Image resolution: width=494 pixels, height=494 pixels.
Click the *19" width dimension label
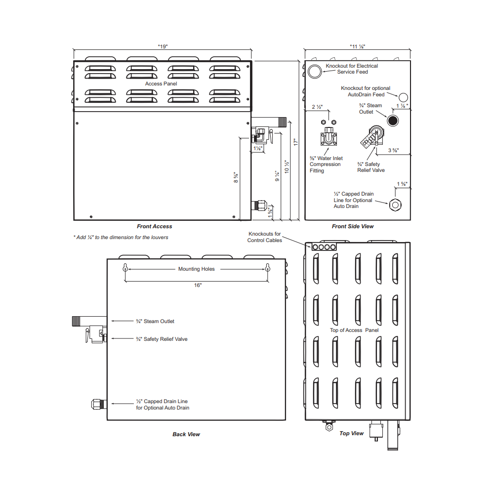pos(163,46)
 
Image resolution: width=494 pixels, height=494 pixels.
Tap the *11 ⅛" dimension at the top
pos(357,46)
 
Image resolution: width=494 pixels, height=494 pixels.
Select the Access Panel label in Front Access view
pos(161,83)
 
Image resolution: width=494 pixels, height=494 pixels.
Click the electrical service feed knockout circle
pos(314,72)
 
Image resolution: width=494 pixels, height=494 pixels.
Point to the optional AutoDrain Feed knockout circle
pos(403,97)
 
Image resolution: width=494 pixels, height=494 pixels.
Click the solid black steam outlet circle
pos(393,121)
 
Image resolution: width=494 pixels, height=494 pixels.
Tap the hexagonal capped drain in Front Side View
pos(395,205)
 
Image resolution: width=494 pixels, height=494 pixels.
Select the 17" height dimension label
pos(295,142)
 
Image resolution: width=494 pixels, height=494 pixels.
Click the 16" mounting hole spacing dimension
pos(198,285)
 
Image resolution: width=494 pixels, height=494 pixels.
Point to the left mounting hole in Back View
pos(125,268)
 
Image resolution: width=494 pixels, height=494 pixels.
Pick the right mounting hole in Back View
pos(267,268)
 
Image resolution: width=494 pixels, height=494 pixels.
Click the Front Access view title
pos(154,226)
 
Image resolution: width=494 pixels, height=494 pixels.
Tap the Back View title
pos(186,434)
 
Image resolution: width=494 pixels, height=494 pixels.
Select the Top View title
pos(352,433)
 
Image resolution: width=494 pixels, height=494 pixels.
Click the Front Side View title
pos(353,226)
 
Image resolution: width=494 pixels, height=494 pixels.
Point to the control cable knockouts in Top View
pos(324,247)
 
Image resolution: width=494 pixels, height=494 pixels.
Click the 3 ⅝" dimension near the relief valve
pos(393,150)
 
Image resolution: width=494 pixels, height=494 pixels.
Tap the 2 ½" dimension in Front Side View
pos(317,107)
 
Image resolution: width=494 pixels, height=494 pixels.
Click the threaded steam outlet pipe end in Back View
pos(76,321)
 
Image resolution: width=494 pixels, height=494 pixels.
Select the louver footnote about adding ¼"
pos(121,237)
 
